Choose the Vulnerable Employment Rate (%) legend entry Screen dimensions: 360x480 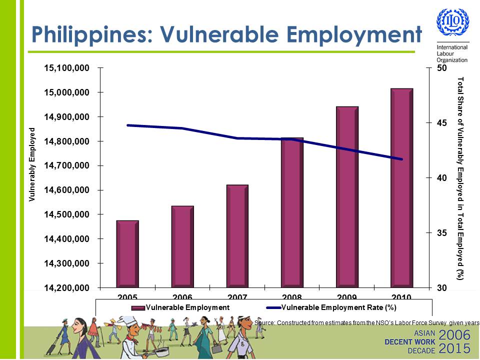[x=339, y=307]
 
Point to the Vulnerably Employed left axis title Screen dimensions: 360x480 [x=32, y=164]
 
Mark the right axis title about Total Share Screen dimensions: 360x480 [x=460, y=178]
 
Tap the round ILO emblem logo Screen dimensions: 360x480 [x=453, y=21]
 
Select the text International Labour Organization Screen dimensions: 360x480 [x=452, y=53]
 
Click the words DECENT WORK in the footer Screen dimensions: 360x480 [x=410, y=341]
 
